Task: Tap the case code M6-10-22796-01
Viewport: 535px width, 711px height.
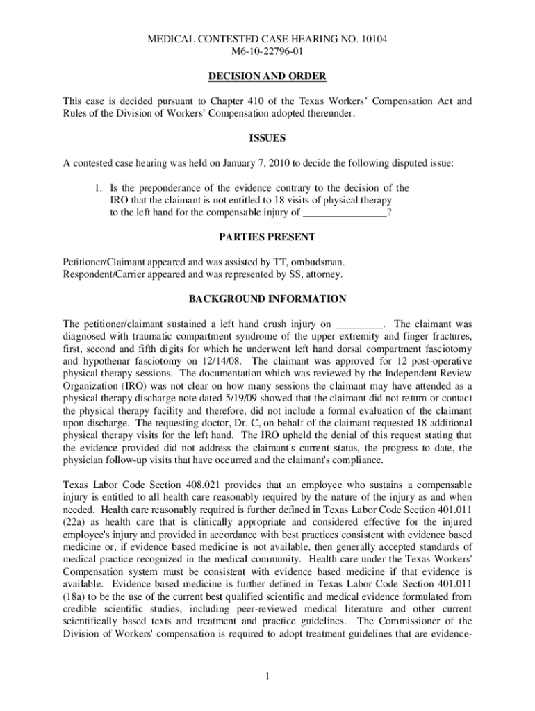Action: [267, 51]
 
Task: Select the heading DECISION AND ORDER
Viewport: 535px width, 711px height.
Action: [267, 76]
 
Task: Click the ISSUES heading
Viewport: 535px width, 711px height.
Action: [267, 138]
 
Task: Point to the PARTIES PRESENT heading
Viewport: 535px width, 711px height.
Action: [267, 237]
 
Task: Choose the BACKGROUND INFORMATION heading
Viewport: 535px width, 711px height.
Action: [267, 299]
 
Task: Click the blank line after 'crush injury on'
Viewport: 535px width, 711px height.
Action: [359, 324]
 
